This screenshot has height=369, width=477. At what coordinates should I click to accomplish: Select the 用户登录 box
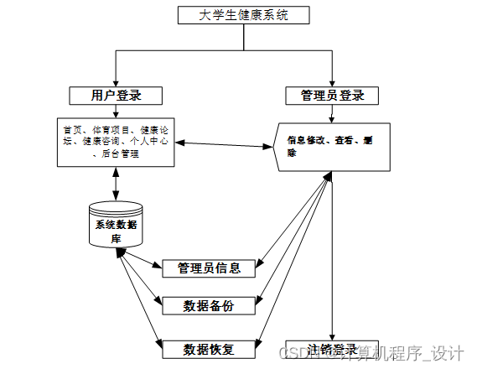(x=115, y=95)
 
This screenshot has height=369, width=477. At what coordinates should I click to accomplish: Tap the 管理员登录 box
(x=332, y=96)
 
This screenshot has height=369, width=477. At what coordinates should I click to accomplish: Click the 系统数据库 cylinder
(x=116, y=225)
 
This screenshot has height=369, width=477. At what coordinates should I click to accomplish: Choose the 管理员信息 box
(x=209, y=268)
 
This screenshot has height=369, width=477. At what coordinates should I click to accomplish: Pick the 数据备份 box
(x=209, y=306)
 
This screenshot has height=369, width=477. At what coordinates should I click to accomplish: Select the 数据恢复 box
(x=209, y=348)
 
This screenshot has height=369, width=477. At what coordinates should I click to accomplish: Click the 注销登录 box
(x=332, y=349)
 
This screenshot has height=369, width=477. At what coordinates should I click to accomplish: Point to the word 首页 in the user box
(x=72, y=130)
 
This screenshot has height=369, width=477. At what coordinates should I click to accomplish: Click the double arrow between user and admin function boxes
(x=224, y=145)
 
